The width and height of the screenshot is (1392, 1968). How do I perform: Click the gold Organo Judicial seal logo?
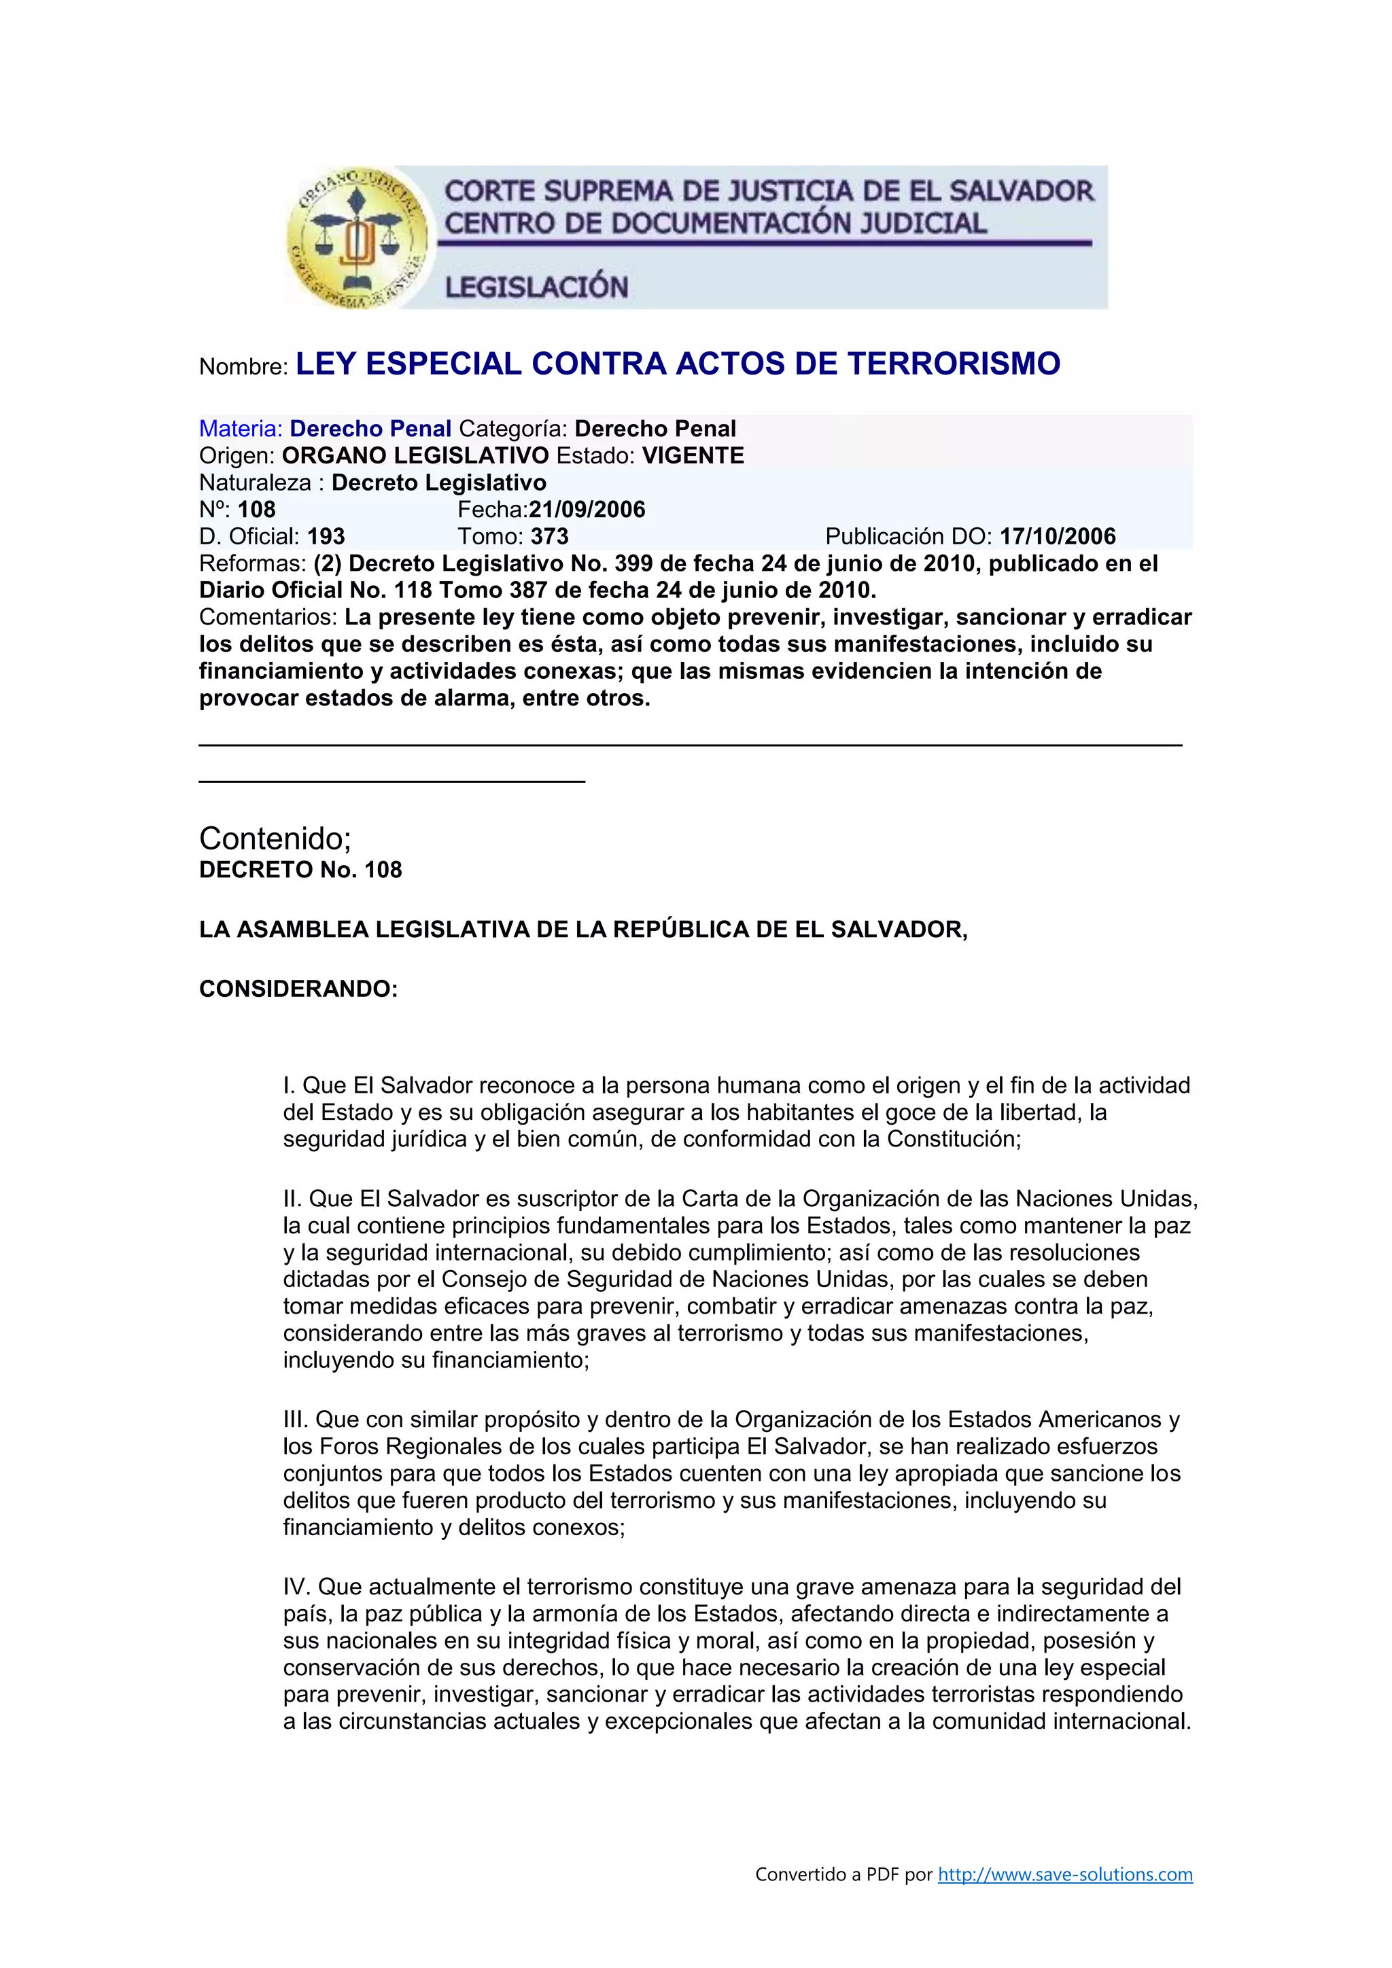[357, 237]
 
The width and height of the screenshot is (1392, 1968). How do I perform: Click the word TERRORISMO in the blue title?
[954, 364]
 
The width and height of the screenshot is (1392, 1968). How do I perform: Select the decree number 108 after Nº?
[256, 510]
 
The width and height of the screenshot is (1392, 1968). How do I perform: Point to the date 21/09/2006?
[587, 510]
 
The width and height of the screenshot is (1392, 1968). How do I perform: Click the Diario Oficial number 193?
[326, 537]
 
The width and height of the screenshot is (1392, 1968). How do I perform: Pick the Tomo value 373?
[549, 537]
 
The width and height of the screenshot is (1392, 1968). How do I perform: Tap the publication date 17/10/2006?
[1058, 537]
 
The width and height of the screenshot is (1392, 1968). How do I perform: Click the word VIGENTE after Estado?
[693, 456]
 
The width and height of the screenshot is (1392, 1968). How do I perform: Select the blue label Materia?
[241, 429]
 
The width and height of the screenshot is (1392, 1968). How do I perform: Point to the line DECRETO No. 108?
[300, 870]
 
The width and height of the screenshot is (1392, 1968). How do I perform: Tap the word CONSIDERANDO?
[298, 989]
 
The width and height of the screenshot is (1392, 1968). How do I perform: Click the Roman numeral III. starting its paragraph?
[295, 1420]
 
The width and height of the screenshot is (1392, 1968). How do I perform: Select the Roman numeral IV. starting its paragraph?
[298, 1587]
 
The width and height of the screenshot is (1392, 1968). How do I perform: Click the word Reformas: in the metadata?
[252, 564]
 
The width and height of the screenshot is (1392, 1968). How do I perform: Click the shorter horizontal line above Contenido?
[391, 781]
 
